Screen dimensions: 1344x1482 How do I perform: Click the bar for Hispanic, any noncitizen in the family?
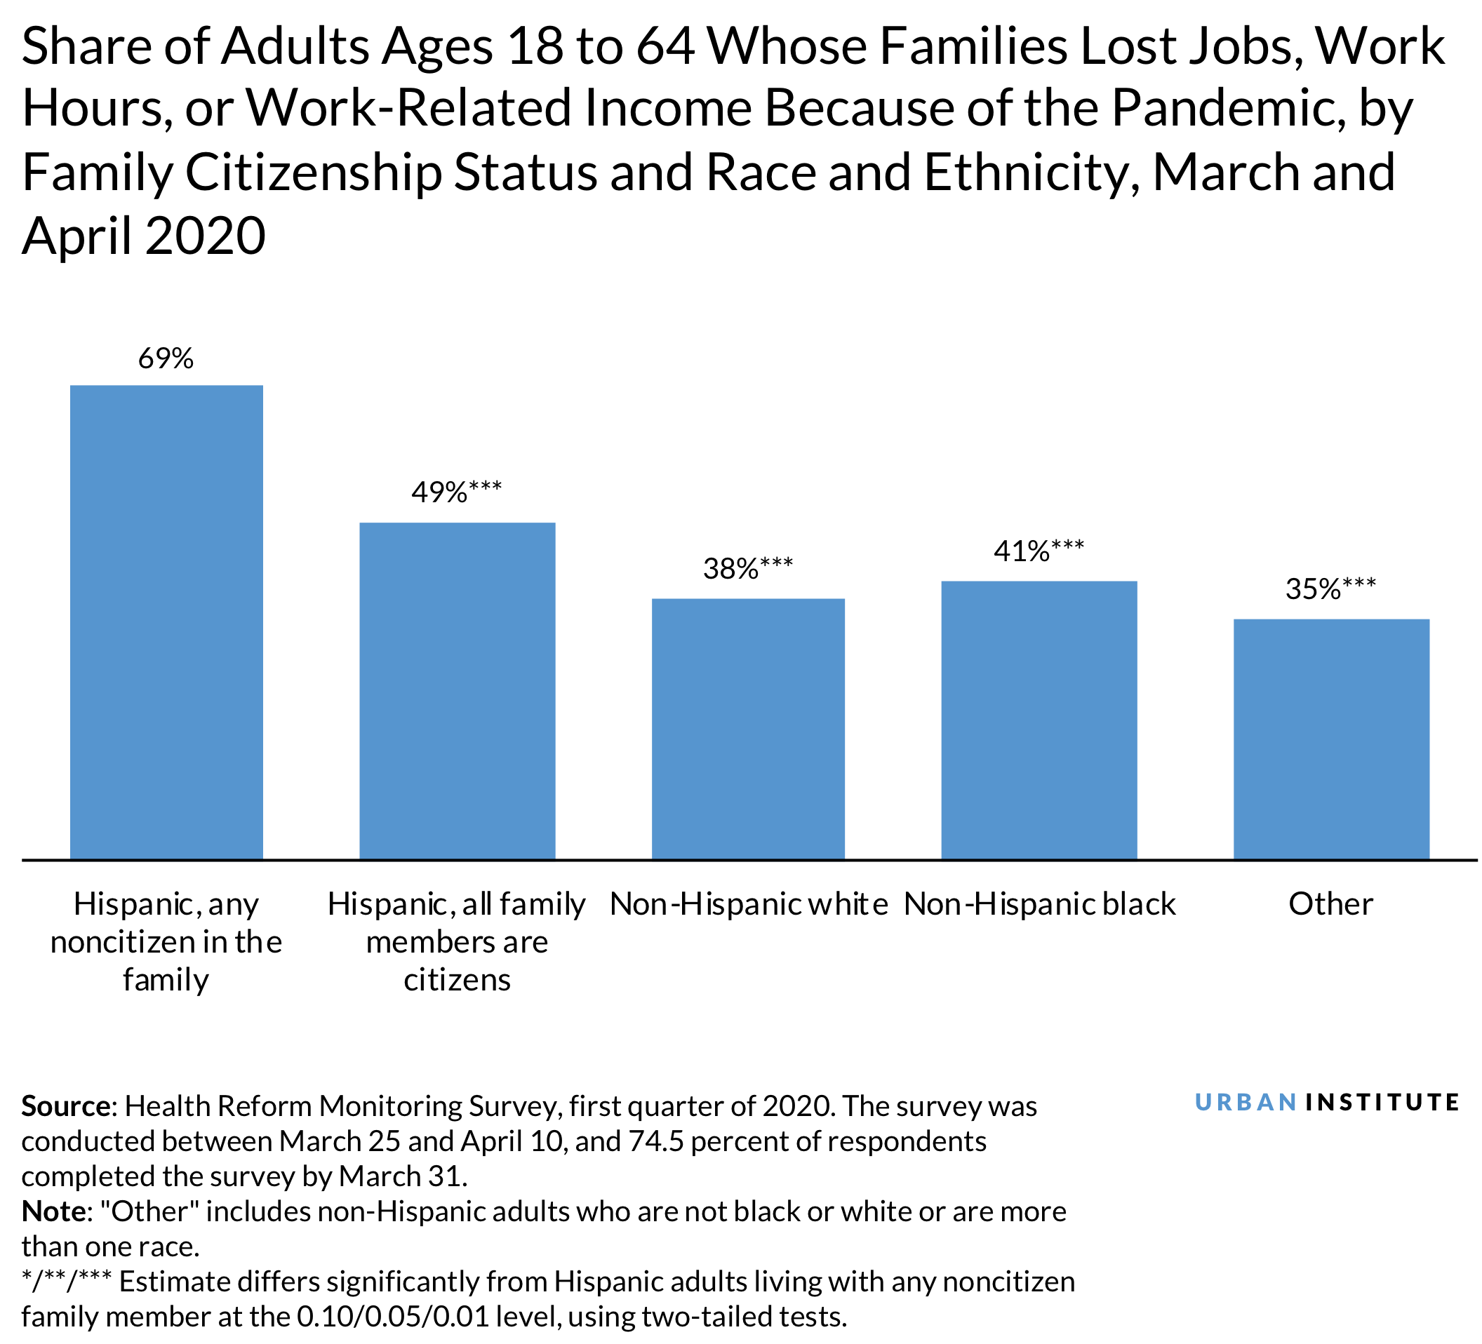166,621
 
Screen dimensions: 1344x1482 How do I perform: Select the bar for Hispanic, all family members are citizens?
457,691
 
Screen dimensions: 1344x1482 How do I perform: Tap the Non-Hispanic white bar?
747,728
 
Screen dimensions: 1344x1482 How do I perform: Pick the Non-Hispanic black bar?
1039,720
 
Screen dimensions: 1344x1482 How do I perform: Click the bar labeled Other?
1330,739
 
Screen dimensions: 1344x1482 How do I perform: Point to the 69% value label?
166,359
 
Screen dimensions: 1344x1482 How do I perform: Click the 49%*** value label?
457,492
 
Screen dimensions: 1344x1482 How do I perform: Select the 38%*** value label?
747,569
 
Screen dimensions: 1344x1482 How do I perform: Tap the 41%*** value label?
1038,551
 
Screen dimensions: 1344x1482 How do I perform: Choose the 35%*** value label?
1330,589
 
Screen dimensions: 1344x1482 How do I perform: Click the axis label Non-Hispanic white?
748,905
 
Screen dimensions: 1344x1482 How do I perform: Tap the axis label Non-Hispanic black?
1039,905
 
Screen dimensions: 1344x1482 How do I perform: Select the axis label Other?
1330,905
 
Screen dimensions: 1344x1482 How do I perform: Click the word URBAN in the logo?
1246,1102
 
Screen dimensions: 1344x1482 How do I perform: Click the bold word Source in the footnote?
65,1106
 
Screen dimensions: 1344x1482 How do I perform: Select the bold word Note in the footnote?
53,1211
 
